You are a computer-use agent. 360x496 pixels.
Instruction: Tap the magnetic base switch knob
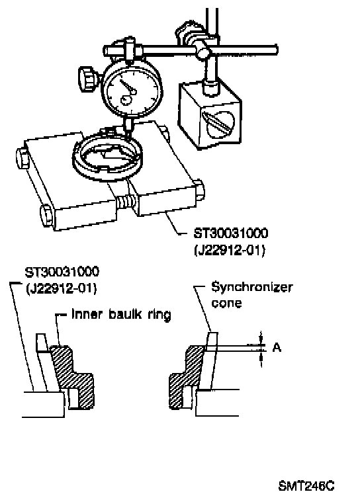(218, 124)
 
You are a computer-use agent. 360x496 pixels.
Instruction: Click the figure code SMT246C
(306, 485)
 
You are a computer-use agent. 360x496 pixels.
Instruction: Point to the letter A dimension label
(277, 348)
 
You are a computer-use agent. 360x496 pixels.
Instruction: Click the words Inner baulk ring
(121, 315)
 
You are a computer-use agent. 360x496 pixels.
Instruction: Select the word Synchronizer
(251, 287)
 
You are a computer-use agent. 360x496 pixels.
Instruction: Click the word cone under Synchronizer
(226, 303)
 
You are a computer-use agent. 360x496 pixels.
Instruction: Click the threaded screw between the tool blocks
(126, 202)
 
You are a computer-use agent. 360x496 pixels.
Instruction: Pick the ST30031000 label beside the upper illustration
(231, 233)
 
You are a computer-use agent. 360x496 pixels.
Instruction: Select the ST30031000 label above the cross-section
(62, 272)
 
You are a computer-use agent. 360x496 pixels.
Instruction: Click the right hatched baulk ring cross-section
(187, 376)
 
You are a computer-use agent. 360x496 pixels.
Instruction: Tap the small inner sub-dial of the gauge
(126, 101)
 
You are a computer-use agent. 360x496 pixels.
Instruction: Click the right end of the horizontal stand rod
(277, 50)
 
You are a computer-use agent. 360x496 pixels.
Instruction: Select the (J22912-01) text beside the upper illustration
(229, 250)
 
